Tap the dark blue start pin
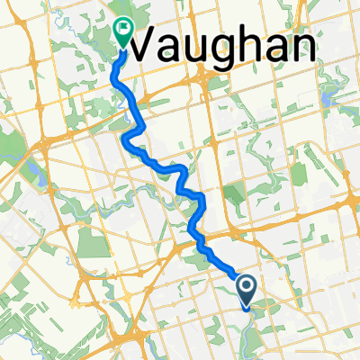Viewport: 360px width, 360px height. pyautogui.click(x=248, y=289)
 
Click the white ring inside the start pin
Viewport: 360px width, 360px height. pyautogui.click(x=248, y=286)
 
